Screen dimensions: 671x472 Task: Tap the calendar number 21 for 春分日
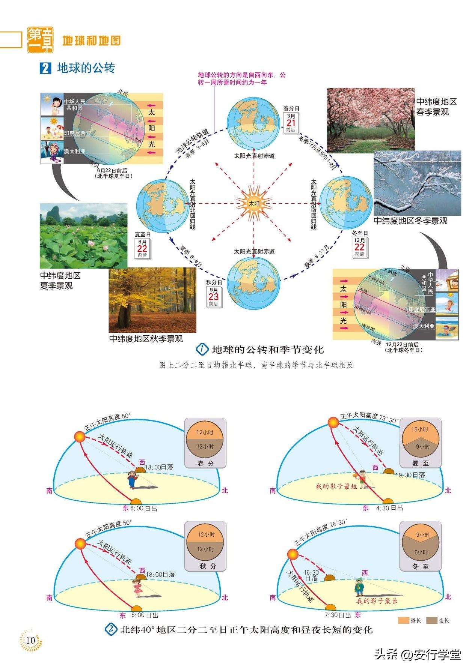[x=291, y=123]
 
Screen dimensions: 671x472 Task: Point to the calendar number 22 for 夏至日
[x=142, y=249]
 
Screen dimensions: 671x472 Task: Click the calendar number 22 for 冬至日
[x=359, y=247]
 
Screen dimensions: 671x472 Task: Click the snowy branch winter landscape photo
[x=417, y=183]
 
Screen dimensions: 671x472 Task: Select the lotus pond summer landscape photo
[x=83, y=236]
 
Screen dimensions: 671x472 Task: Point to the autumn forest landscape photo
[x=152, y=300]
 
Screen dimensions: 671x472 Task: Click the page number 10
[x=31, y=640]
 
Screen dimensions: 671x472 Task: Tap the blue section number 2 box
[x=45, y=69]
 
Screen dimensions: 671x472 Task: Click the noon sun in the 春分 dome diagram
[x=80, y=437]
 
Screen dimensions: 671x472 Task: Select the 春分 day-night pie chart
[x=205, y=439]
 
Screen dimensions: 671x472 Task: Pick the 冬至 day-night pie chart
[x=420, y=543]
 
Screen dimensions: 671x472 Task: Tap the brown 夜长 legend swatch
[x=431, y=620]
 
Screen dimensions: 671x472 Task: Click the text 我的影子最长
[x=377, y=601]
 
